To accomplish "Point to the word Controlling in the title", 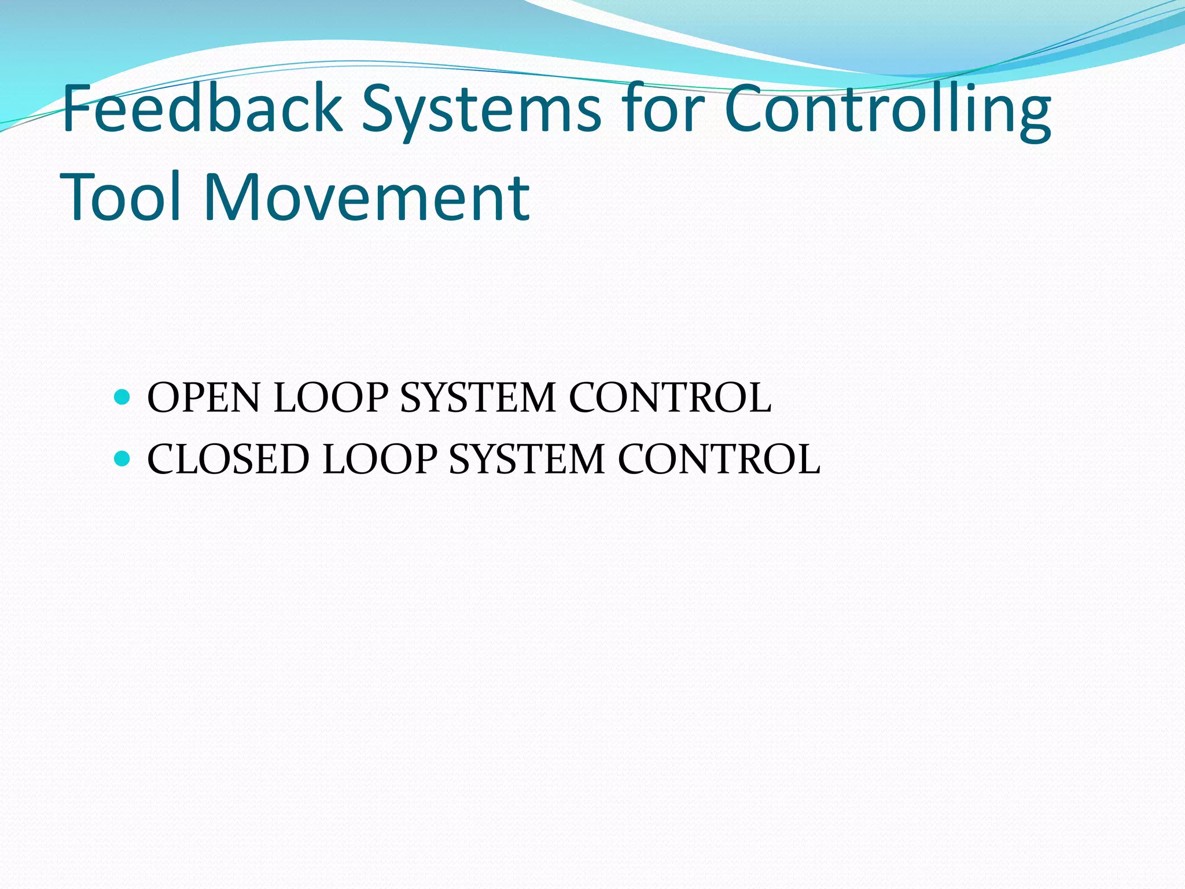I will click(888, 110).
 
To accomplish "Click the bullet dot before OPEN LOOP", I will click(122, 398).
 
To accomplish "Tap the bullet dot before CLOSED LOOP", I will click(122, 459).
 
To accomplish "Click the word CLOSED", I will click(228, 460).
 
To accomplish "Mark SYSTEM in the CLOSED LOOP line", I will click(527, 460).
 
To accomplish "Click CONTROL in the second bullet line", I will click(719, 460).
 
